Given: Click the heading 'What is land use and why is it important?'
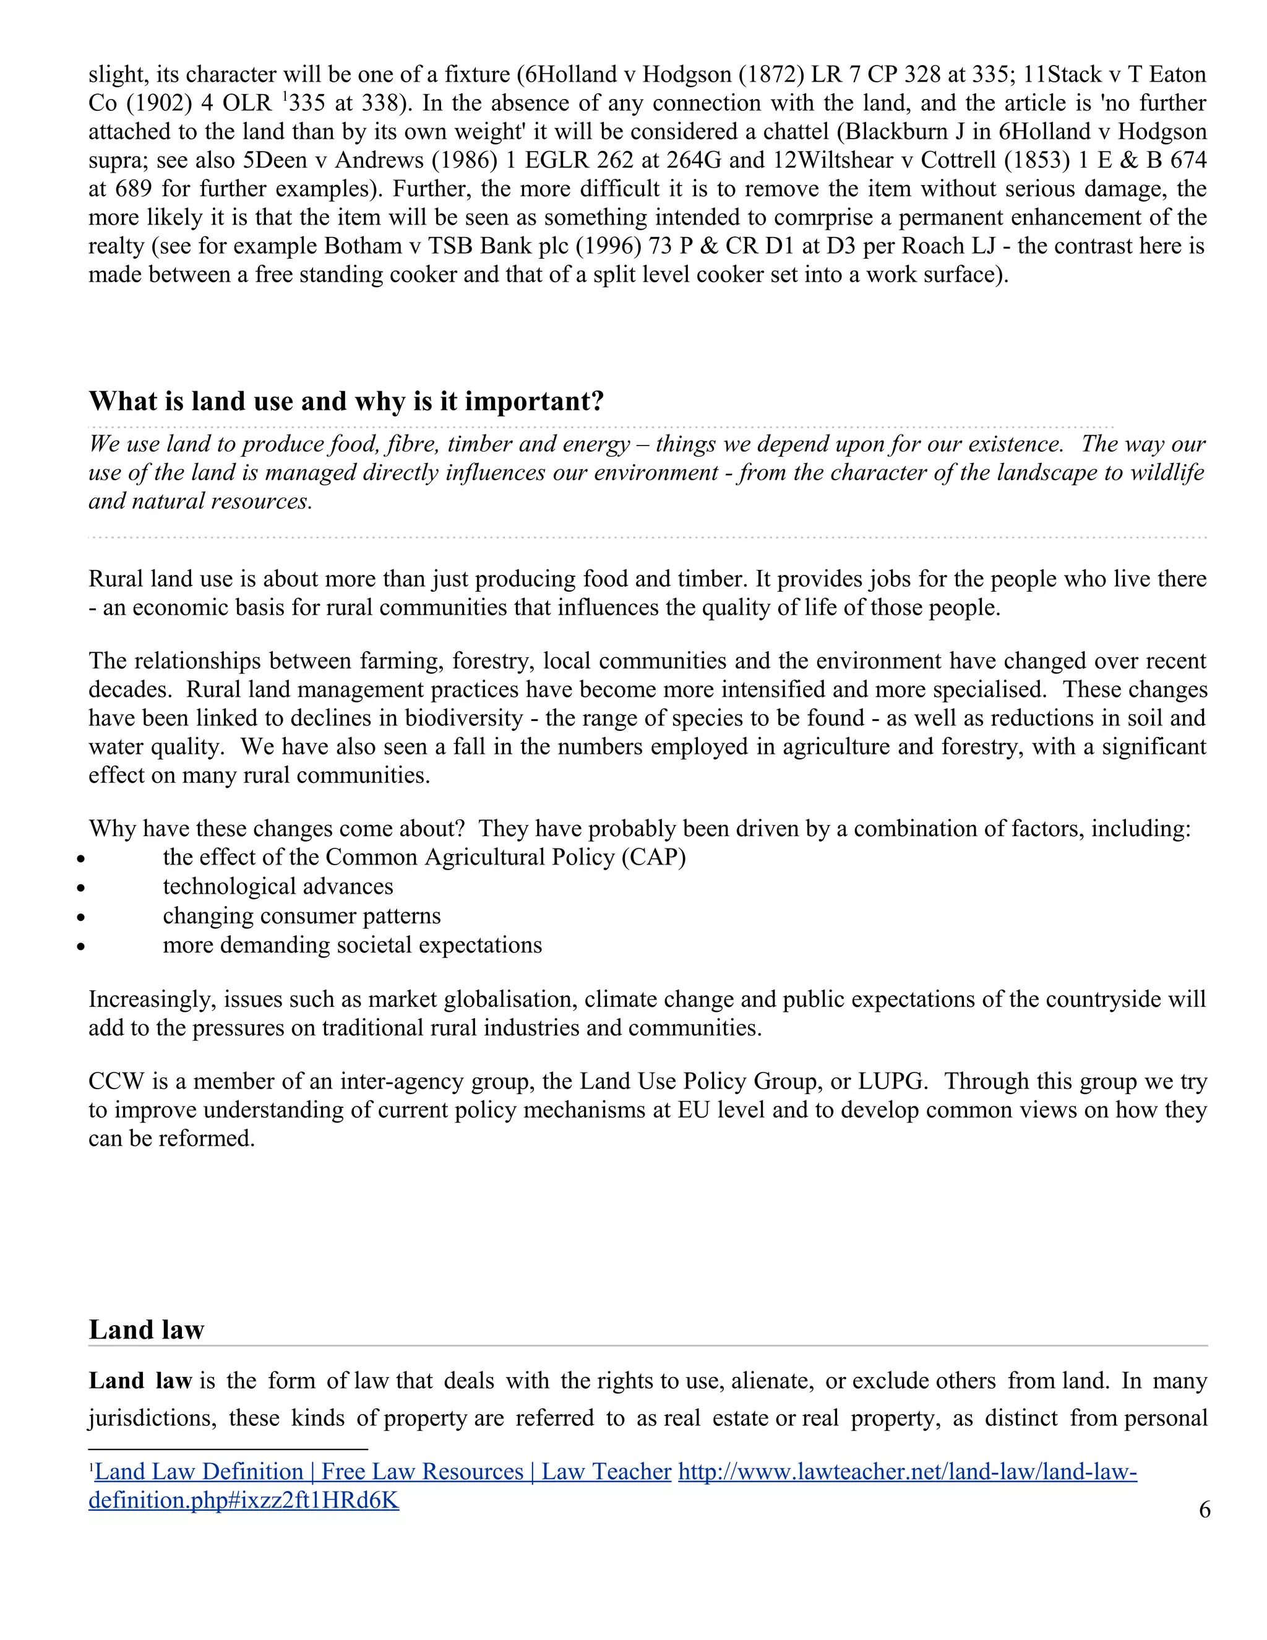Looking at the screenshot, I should [346, 401].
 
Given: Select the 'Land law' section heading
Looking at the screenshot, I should [147, 1329].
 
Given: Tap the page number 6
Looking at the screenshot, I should [1204, 1509].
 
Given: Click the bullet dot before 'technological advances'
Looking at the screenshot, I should [82, 888].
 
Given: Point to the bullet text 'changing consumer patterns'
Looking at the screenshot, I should [302, 915].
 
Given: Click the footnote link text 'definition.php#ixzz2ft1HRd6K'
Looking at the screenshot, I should [243, 1500].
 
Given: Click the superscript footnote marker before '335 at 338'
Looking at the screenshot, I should [285, 96].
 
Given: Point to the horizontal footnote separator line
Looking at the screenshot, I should [228, 1449].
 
